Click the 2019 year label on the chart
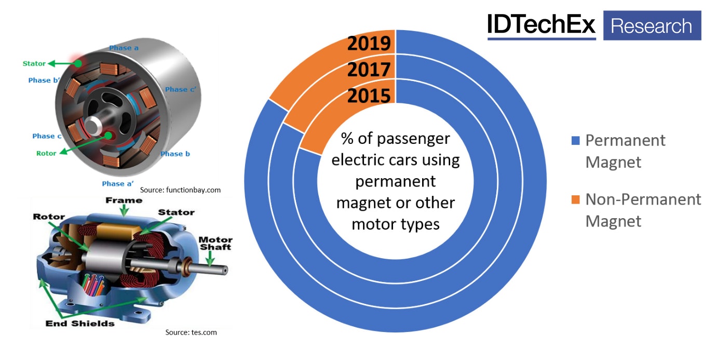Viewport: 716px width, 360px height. coord(369,43)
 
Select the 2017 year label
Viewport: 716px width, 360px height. coord(369,70)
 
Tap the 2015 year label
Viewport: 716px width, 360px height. coord(369,96)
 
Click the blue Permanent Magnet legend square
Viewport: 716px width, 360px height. coord(575,141)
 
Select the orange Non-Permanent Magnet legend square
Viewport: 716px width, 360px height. coord(575,199)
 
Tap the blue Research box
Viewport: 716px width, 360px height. coord(652,25)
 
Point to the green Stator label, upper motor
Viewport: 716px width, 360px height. coord(34,63)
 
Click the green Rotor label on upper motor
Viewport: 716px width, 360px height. coord(46,153)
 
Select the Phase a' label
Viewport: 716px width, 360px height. coord(118,183)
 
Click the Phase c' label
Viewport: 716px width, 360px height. coord(181,89)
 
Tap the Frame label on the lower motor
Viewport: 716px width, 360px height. coord(124,201)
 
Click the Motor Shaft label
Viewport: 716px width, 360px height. coord(215,243)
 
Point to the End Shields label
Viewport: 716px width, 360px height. coord(80,324)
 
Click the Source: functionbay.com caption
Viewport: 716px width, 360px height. coord(180,190)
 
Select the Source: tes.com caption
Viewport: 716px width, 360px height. coord(191,332)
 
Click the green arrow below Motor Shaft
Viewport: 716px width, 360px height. coord(210,259)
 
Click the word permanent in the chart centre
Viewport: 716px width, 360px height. coord(396,182)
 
